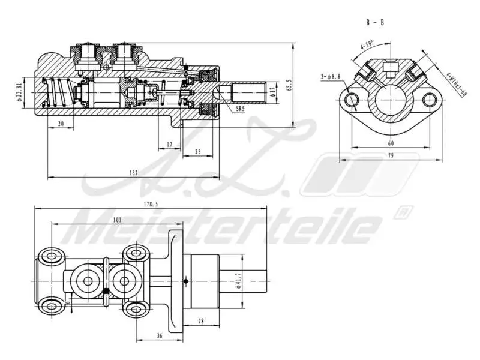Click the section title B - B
[x=374, y=22]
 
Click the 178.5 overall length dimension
[x=151, y=204]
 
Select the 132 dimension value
[x=133, y=173]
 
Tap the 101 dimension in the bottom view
[x=117, y=220]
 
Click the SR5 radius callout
[x=240, y=110]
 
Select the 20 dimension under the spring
[x=61, y=124]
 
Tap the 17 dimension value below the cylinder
[x=169, y=145]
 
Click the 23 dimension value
[x=198, y=152]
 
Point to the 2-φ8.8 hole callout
[x=331, y=76]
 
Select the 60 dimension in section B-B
[x=391, y=143]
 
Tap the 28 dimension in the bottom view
[x=201, y=322]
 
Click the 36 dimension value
[x=159, y=336]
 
